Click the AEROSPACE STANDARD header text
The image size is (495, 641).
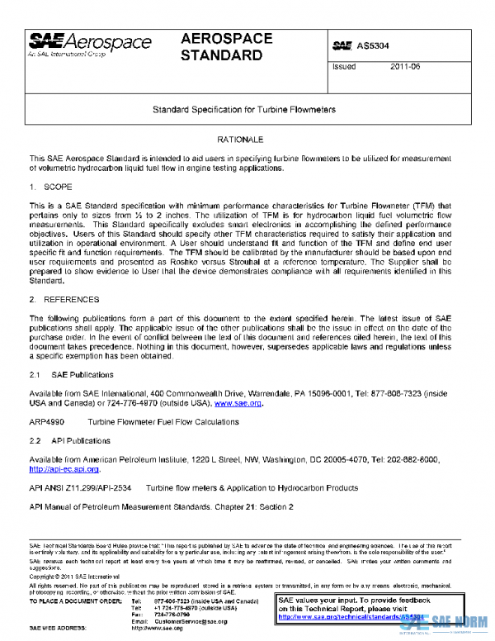click(x=223, y=48)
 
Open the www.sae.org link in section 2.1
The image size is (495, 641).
click(x=238, y=404)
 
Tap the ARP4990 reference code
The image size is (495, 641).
click(x=47, y=422)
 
